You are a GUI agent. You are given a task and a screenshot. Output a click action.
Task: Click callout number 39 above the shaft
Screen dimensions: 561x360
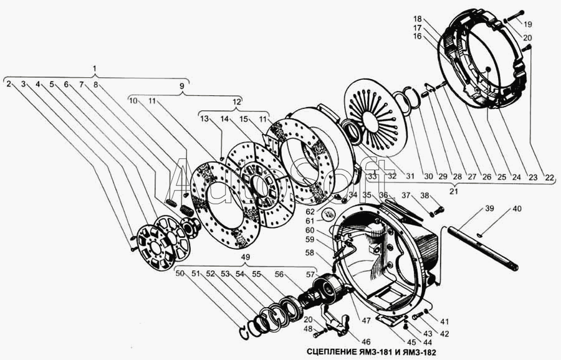point(489,209)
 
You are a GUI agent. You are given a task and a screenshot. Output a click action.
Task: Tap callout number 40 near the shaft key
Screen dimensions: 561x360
point(517,209)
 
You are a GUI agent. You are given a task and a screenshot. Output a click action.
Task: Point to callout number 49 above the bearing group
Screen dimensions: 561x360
point(246,257)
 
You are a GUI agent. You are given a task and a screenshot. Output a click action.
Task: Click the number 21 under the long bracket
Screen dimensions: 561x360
point(453,191)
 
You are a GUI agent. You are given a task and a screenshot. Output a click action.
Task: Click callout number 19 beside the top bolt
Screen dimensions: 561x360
point(528,24)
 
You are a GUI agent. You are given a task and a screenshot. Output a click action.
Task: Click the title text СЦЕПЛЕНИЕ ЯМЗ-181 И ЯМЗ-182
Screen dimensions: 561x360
point(372,352)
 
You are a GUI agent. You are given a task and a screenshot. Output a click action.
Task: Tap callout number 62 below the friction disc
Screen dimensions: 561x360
point(310,212)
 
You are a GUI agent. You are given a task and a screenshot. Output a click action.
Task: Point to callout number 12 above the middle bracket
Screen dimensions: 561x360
point(237,102)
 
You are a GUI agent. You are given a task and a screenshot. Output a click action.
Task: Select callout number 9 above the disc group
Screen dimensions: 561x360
point(182,86)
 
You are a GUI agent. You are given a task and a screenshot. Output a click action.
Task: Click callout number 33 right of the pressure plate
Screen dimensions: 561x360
point(373,176)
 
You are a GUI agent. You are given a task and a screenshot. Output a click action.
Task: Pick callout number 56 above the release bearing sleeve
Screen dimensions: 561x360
point(279,275)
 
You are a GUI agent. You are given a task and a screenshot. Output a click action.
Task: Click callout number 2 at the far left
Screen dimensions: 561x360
point(9,84)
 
